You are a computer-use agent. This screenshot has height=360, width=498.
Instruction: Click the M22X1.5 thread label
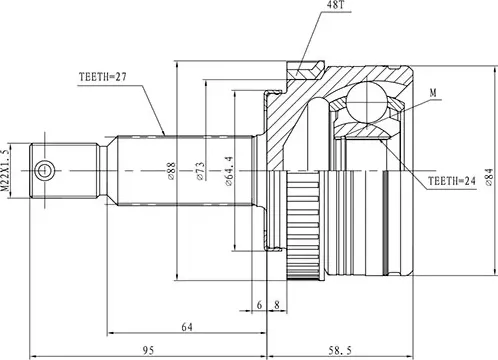7,171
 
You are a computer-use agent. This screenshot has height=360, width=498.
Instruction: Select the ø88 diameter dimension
174,172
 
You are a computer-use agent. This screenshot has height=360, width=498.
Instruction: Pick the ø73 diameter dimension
201,172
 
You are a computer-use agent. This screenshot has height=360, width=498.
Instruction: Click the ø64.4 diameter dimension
232,172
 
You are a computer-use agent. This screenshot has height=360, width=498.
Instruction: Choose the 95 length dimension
147,349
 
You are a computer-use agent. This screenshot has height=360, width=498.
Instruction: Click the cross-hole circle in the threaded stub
43,172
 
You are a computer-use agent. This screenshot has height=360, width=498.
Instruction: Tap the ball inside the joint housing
364,103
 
